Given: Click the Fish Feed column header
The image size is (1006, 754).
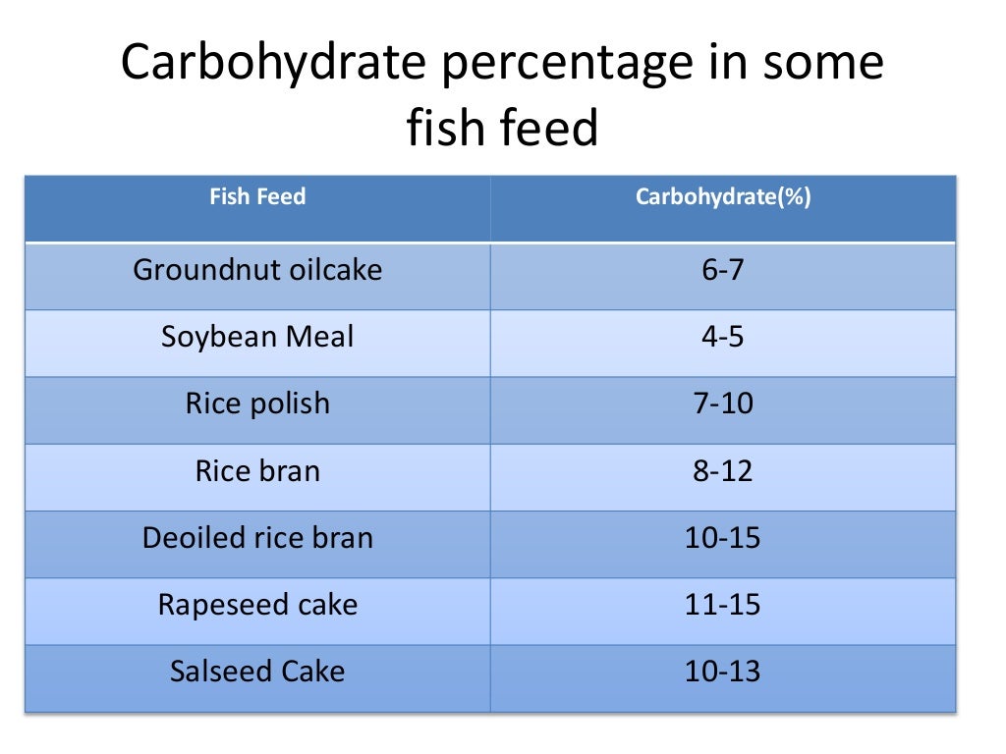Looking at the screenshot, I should coord(257,197).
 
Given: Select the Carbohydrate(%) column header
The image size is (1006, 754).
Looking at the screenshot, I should coord(722,197).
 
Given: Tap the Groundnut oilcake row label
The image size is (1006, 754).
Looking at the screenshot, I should coord(257,270).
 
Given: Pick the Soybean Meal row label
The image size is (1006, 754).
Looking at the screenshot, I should coord(257,337).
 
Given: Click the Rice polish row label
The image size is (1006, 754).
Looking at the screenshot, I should coord(257,404).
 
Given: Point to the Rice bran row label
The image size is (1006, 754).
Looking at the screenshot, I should coord(257,470).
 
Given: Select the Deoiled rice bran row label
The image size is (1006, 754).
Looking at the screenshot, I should coord(257,538).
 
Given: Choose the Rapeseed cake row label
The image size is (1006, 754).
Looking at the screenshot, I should coord(257,605).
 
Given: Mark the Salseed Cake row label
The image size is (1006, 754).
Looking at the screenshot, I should coord(257,672).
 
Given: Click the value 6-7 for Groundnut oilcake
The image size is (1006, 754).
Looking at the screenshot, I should coord(722,270).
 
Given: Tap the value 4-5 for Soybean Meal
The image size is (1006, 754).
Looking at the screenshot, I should coord(722,337).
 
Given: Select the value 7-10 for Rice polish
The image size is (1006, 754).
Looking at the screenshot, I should coord(722,404).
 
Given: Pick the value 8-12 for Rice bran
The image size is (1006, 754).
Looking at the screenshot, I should coord(722,470).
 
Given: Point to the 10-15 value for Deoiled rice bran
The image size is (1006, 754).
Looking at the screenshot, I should coord(722,538).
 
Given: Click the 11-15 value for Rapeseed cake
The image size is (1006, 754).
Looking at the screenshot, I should coord(722,605).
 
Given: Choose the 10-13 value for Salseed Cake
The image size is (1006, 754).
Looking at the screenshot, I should coord(722,672).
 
